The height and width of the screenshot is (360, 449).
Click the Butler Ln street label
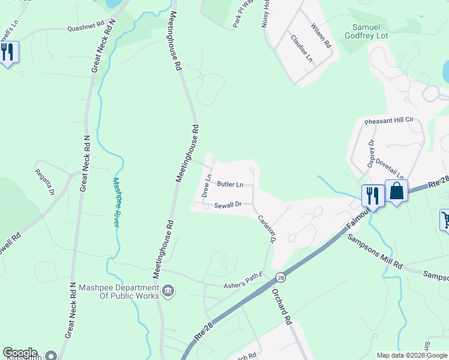231,184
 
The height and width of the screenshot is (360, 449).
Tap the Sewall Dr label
228,205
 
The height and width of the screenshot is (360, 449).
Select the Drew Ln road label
207,187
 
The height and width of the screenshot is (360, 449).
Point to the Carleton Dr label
266,229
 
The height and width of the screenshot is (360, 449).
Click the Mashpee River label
116,202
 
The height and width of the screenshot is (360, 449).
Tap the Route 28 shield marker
280,277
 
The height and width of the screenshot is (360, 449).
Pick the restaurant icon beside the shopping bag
372,195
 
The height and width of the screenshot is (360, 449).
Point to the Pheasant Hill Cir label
390,121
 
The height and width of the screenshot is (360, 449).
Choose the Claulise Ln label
301,49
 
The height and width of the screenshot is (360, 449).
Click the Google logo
20,353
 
